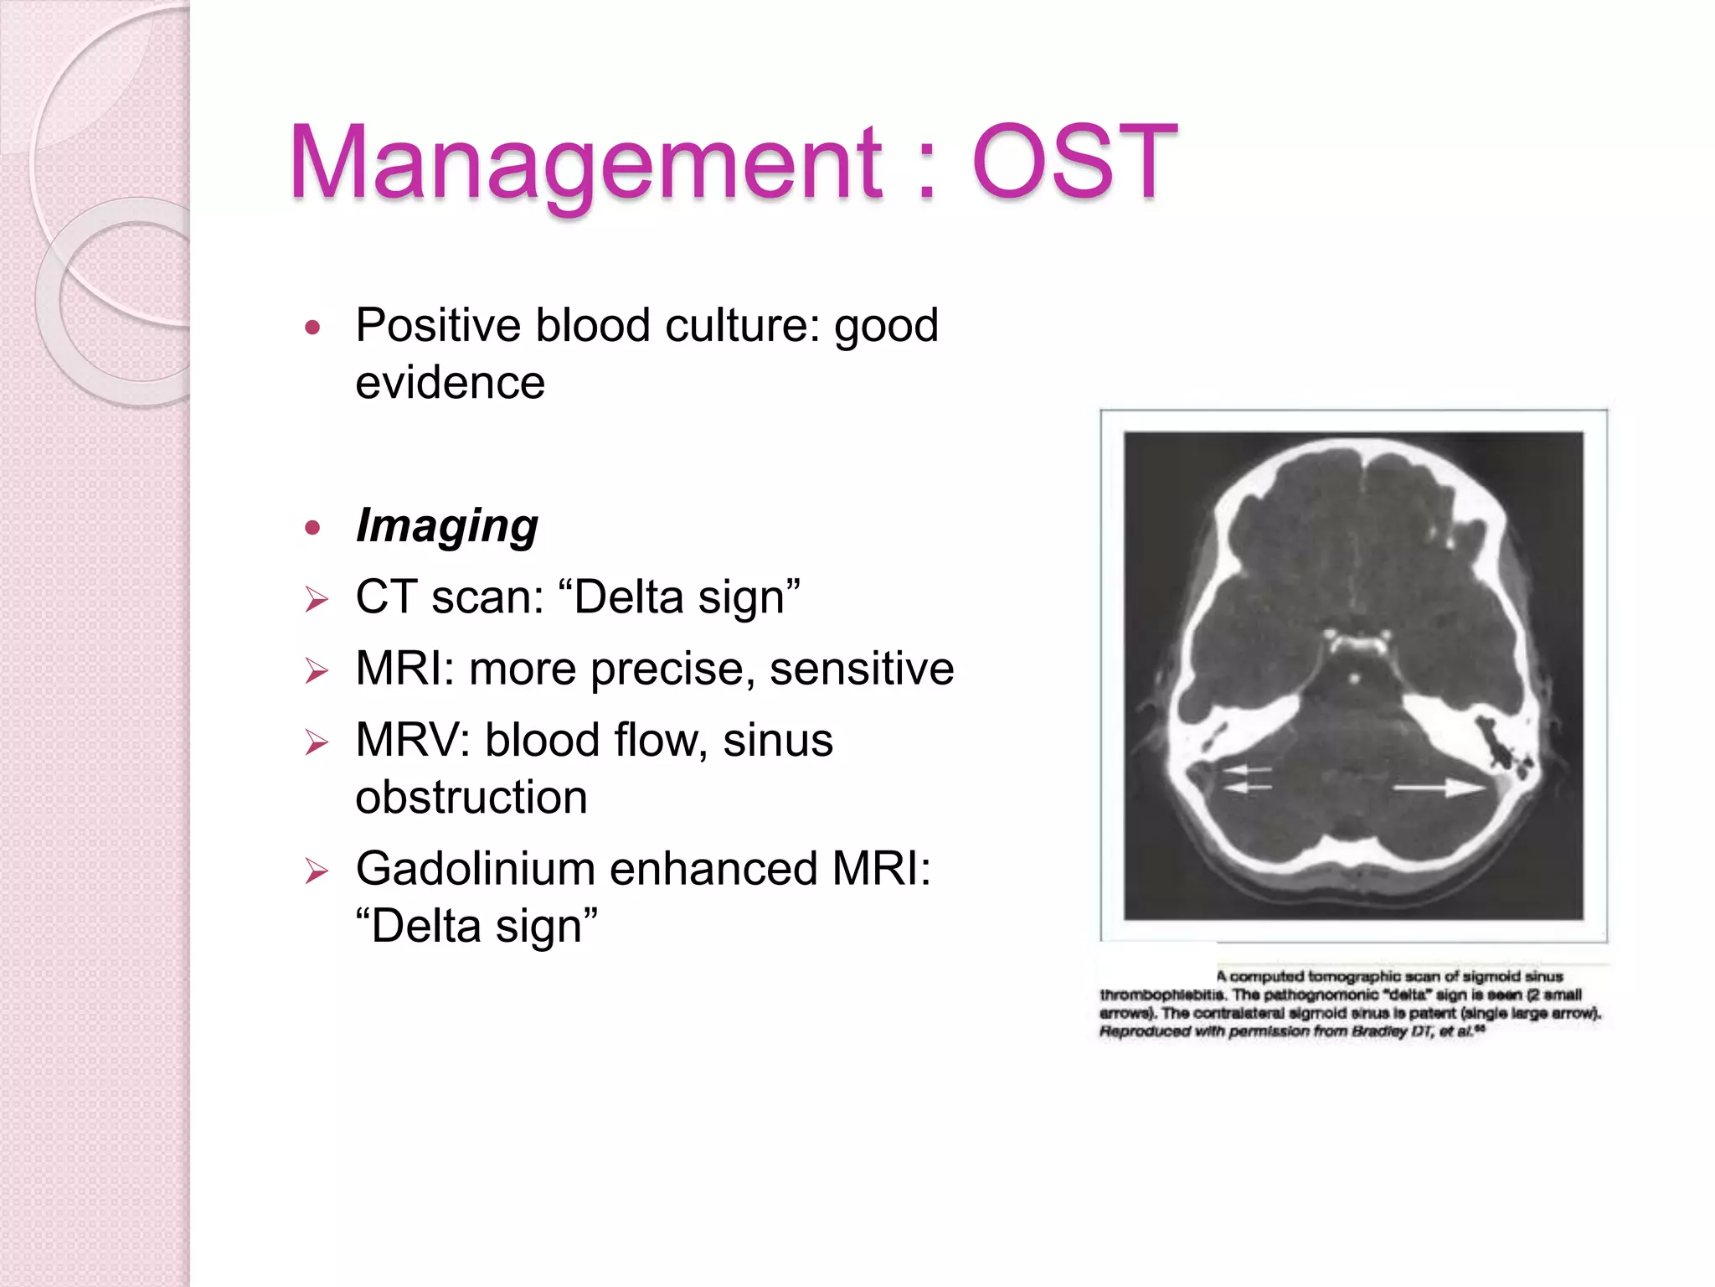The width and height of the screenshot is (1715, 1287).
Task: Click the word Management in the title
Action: [585, 163]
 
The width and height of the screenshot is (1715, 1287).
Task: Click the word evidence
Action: [450, 383]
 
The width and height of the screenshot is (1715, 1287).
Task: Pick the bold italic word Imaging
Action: [446, 526]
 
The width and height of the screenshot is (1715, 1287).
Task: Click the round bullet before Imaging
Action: [313, 527]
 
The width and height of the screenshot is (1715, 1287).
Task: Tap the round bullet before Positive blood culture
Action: [313, 327]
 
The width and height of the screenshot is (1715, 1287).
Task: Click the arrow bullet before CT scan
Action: [317, 599]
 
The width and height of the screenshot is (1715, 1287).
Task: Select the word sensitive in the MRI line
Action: [862, 669]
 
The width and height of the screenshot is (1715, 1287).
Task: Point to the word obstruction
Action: [471, 797]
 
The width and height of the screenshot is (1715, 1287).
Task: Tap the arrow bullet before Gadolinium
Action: [317, 871]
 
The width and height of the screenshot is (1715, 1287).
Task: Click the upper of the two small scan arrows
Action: [1247, 769]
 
